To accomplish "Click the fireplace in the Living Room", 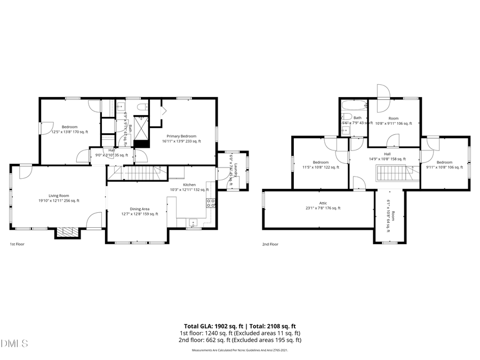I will (x=67, y=231).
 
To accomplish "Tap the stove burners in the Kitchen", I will (x=211, y=203).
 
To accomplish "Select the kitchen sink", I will (x=192, y=222).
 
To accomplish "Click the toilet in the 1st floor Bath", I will (x=142, y=107).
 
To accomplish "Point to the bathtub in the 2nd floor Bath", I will (x=353, y=105).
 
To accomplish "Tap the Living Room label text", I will (x=59, y=196).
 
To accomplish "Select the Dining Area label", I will (x=140, y=209).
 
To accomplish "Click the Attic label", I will (x=323, y=203).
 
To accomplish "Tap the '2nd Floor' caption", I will (x=270, y=244).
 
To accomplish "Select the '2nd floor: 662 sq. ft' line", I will (x=241, y=340).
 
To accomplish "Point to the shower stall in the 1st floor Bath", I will (x=142, y=128).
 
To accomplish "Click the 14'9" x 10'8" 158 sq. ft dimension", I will (x=387, y=158).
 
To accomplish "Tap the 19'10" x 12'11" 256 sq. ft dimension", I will (x=59, y=201).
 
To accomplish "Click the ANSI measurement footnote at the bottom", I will (x=240, y=350).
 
